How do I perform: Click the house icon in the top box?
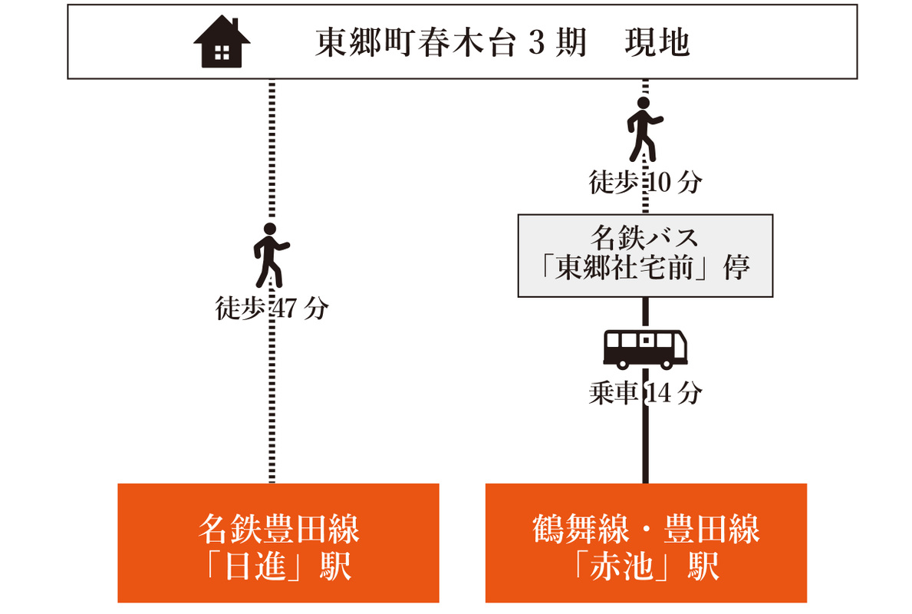(222, 42)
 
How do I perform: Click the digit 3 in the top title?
(535, 42)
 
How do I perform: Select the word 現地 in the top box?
(657, 42)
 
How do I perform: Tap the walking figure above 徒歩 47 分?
(271, 255)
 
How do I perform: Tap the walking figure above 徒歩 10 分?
(644, 129)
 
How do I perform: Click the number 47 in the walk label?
(284, 309)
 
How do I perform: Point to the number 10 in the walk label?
(658, 183)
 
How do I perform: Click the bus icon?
(645, 349)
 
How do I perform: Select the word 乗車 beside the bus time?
(613, 394)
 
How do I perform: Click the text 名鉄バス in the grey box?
(644, 237)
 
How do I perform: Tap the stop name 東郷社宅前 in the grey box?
(624, 269)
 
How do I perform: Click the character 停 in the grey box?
(736, 269)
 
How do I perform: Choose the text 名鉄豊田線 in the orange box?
(278, 529)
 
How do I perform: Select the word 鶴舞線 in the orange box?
(581, 529)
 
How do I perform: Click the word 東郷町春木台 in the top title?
(415, 42)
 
